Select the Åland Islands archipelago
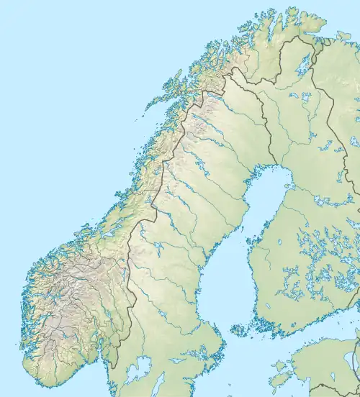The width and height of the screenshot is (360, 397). point(239,332)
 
